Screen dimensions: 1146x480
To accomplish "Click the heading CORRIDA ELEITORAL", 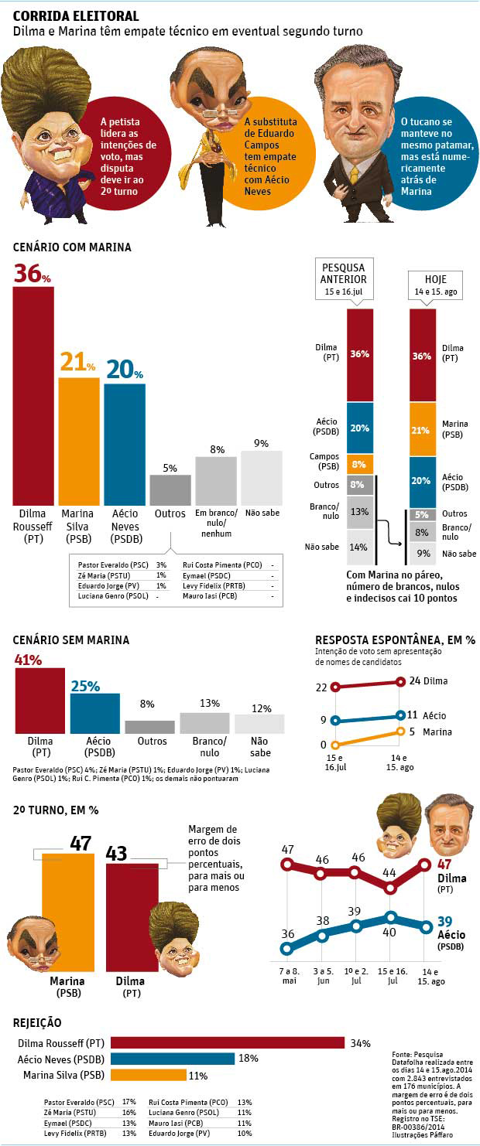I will tap(77, 15).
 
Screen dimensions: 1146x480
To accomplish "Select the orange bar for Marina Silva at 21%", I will tap(79, 441).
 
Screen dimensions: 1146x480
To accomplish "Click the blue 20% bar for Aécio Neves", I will tap(125, 444).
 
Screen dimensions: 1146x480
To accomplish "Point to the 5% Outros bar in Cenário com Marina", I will tap(170, 489).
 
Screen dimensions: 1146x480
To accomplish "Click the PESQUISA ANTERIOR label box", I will tap(344, 278).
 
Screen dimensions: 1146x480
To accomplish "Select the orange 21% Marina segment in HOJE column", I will tap(422, 429).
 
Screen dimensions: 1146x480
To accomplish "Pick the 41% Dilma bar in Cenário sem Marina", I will tap(40, 701).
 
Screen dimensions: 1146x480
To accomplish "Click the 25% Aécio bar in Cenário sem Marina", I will tap(95, 713).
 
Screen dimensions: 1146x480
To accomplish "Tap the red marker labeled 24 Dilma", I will tap(400, 681).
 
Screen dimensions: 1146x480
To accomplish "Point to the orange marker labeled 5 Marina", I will tap(400, 731).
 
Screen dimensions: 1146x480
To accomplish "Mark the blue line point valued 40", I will tap(390, 918).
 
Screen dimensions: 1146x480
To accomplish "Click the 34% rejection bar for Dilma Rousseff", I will tap(227, 1043).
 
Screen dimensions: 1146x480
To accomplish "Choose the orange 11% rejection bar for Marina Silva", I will tap(149, 1075).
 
